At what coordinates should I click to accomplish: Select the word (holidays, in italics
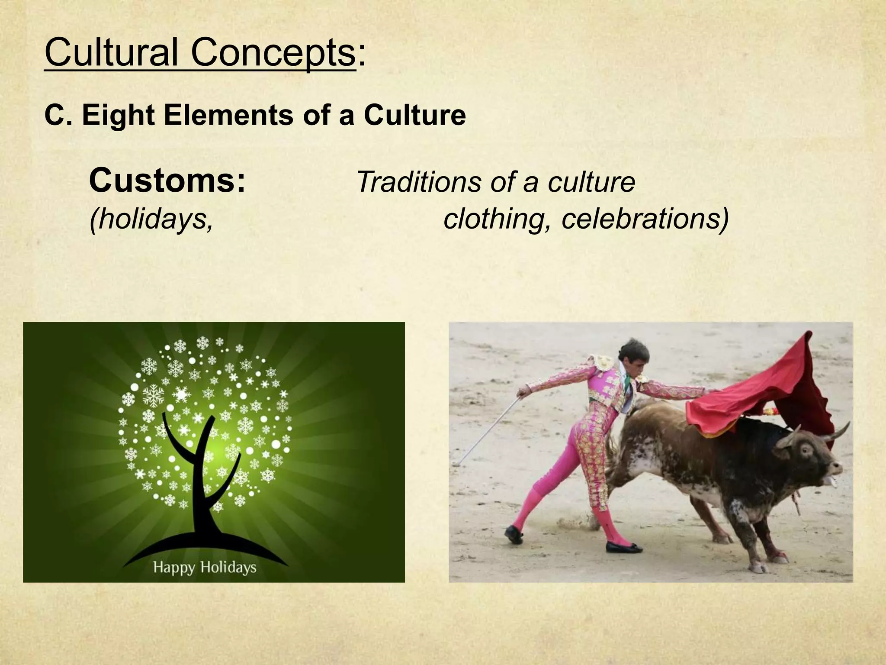(151, 219)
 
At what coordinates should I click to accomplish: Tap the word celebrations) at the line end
(645, 219)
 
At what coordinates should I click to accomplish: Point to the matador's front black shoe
(623, 547)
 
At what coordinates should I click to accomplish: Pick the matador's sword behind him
(489, 429)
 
